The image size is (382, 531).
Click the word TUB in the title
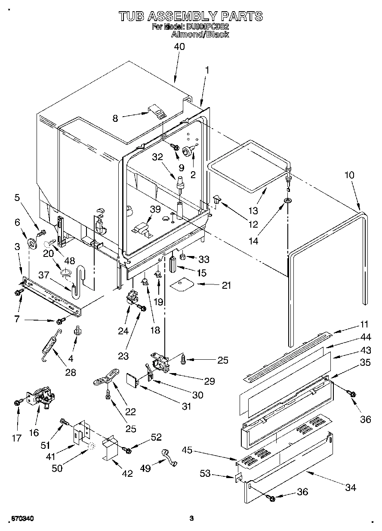tap(131, 16)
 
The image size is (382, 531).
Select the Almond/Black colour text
tap(200, 34)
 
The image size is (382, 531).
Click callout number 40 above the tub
tap(179, 46)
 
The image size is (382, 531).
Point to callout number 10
tap(349, 175)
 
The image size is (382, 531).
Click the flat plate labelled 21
tap(182, 284)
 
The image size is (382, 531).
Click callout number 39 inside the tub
tap(155, 209)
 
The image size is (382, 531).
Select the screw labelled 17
tap(18, 402)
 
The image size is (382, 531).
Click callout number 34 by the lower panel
tap(351, 488)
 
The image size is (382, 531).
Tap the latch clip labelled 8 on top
tap(159, 112)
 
